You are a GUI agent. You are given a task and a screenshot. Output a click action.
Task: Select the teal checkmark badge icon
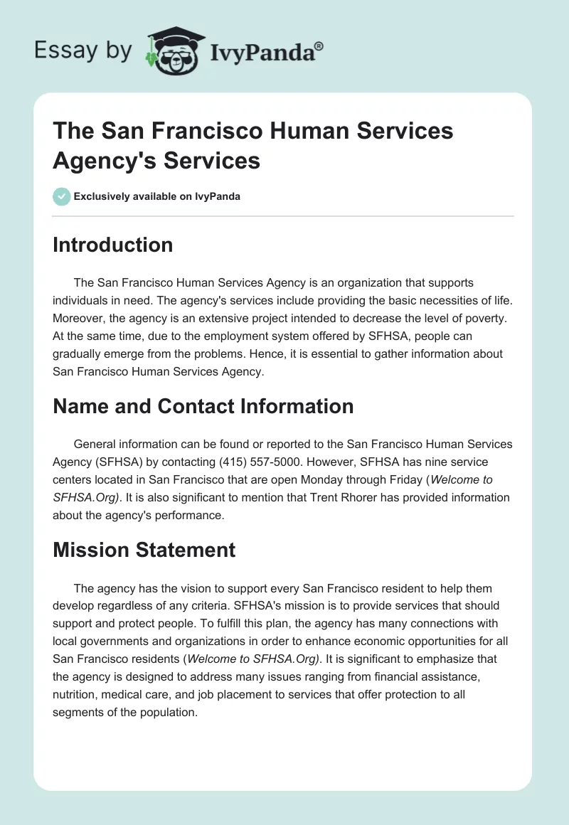click(x=62, y=196)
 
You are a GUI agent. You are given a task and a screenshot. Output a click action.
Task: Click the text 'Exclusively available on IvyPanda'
click(x=157, y=196)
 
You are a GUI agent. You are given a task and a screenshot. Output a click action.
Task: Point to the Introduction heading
click(x=113, y=245)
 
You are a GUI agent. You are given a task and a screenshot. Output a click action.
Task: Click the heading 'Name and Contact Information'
click(x=203, y=406)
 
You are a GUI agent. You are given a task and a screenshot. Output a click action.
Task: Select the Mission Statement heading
click(x=144, y=550)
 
